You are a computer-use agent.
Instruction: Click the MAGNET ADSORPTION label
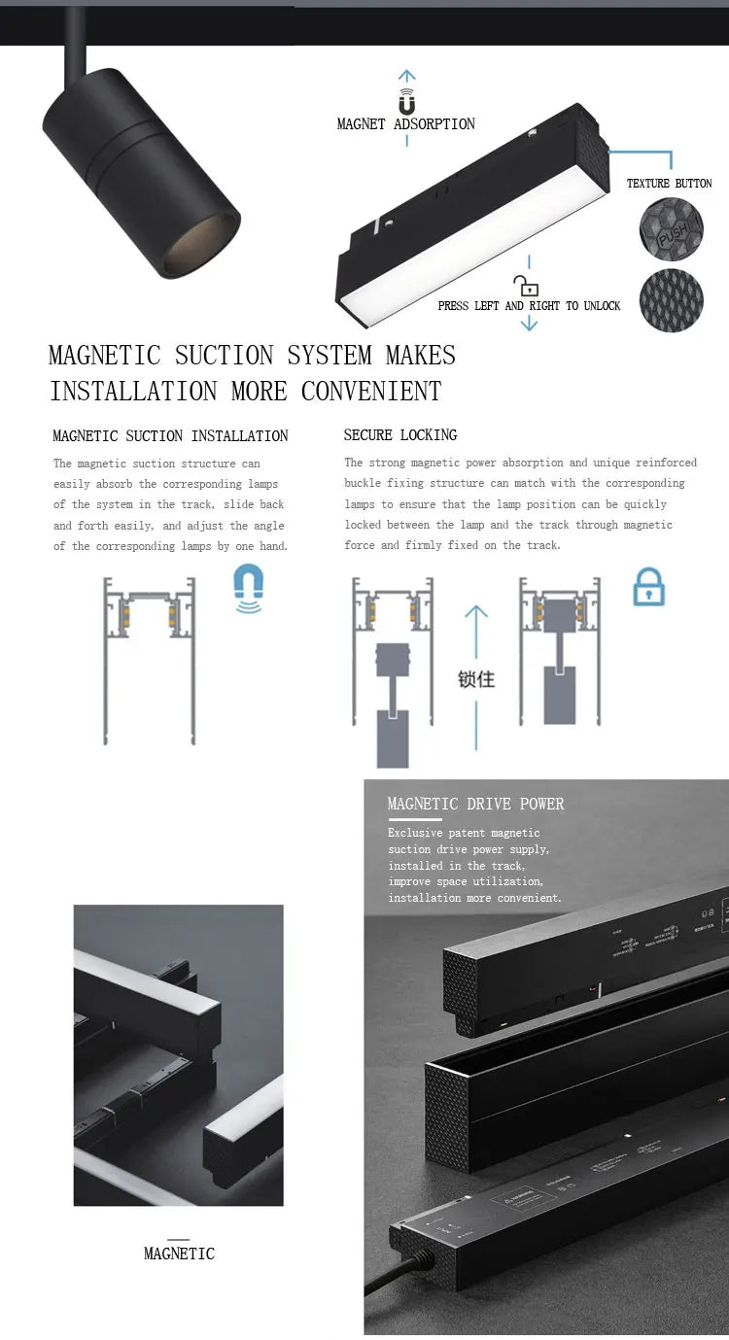(x=405, y=124)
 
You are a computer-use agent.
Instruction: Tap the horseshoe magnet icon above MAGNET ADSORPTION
(x=406, y=102)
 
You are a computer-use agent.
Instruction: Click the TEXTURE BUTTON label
(x=669, y=184)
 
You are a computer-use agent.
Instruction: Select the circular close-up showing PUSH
(x=671, y=228)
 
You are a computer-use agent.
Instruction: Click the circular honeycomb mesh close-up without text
(x=671, y=301)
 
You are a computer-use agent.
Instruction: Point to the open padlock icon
(x=527, y=286)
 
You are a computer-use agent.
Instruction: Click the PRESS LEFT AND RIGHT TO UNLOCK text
(x=529, y=306)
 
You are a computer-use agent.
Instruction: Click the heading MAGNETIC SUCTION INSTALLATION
(x=170, y=436)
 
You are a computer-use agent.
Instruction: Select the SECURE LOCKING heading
(x=400, y=435)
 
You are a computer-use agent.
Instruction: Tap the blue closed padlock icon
(x=648, y=588)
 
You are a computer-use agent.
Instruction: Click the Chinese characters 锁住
(x=476, y=679)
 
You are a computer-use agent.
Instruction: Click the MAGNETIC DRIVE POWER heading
(x=475, y=804)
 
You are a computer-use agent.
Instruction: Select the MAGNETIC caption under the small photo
(x=179, y=1254)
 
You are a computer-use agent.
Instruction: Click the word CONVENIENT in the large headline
(x=371, y=392)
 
